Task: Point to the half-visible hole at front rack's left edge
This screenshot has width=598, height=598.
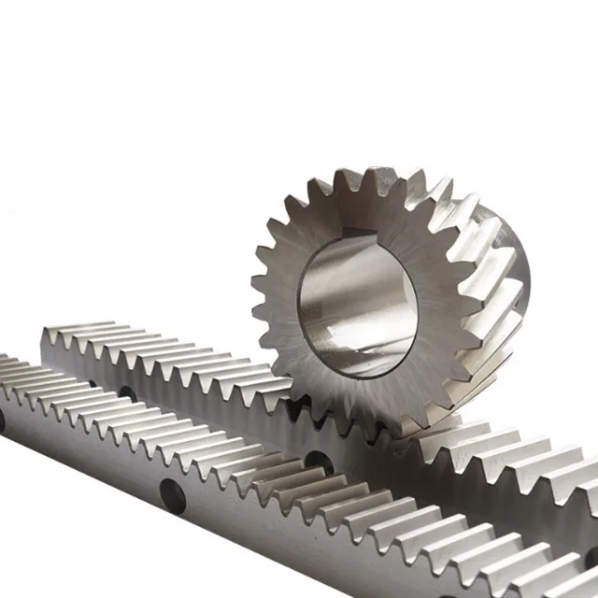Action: (x=2, y=420)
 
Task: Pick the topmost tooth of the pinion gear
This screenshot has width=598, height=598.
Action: (x=378, y=178)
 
